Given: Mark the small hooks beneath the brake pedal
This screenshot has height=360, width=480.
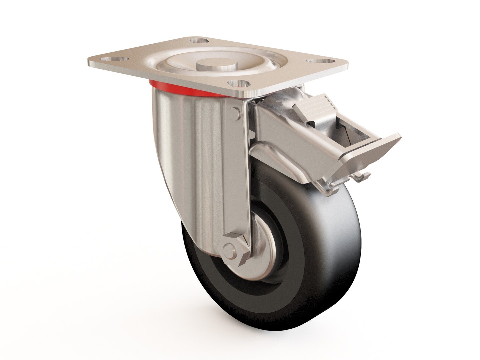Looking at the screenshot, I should pyautogui.click(x=362, y=177).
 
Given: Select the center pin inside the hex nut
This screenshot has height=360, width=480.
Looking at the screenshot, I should pyautogui.click(x=229, y=248).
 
